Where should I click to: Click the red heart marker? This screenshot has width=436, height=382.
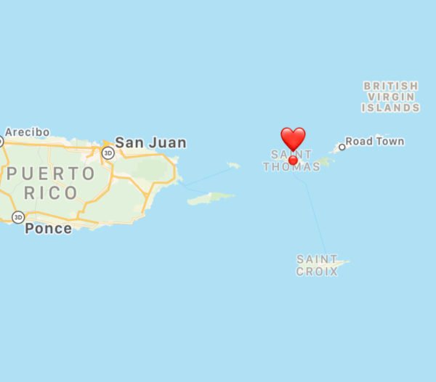(x=293, y=137)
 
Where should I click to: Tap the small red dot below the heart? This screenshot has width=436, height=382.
(x=293, y=160)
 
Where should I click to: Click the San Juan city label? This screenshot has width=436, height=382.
(x=151, y=143)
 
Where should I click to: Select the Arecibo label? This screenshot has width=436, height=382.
(x=27, y=132)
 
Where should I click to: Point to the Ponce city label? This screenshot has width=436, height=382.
(x=48, y=229)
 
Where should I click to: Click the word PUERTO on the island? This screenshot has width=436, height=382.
(x=51, y=174)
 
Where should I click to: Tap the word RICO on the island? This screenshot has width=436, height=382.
(x=51, y=193)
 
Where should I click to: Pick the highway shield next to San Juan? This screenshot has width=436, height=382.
(x=108, y=153)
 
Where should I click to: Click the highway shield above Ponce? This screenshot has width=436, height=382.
(x=17, y=217)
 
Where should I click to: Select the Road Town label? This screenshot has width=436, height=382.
(x=374, y=141)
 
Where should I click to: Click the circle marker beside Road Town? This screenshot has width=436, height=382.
(x=342, y=147)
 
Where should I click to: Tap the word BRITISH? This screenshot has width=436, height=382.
(x=391, y=86)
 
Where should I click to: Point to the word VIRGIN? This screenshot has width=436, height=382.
(x=391, y=97)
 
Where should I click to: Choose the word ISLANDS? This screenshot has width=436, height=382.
(x=391, y=107)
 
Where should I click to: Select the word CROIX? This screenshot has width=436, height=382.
(x=317, y=272)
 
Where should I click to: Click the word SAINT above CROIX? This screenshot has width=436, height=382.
(x=317, y=259)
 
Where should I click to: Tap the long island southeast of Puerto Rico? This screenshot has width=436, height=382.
(x=211, y=198)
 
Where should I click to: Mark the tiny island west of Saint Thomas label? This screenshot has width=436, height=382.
(x=233, y=166)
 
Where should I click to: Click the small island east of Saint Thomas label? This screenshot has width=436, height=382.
(x=325, y=162)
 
